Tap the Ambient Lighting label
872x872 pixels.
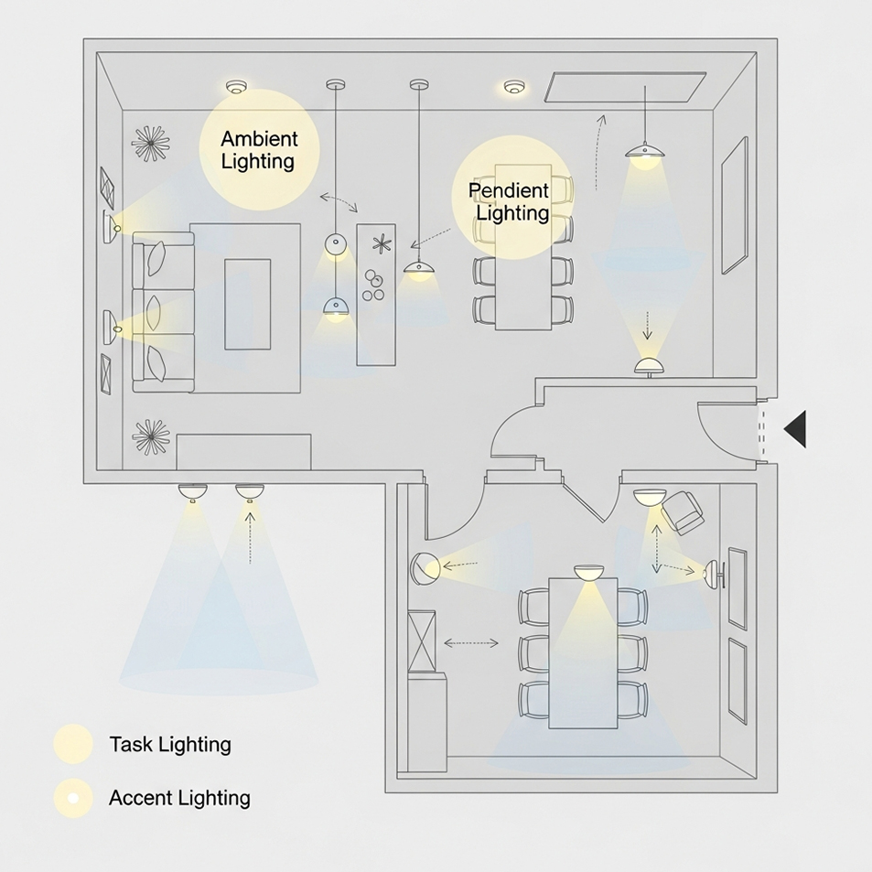259,151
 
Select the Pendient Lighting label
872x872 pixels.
509,201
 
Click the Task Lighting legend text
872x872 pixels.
170,744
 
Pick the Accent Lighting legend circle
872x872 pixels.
73,798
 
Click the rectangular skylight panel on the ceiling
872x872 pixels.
626,88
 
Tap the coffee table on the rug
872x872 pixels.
248,304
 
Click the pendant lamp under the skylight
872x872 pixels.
646,153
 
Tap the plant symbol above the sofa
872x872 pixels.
150,144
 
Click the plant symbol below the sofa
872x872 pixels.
151,436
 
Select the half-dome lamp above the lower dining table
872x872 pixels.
589,573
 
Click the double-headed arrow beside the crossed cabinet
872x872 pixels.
471,643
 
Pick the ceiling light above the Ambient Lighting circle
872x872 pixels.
237,87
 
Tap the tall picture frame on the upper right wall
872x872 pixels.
734,206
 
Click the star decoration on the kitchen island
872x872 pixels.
381,243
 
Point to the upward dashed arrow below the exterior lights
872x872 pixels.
250,535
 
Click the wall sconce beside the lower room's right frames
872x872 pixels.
714,574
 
